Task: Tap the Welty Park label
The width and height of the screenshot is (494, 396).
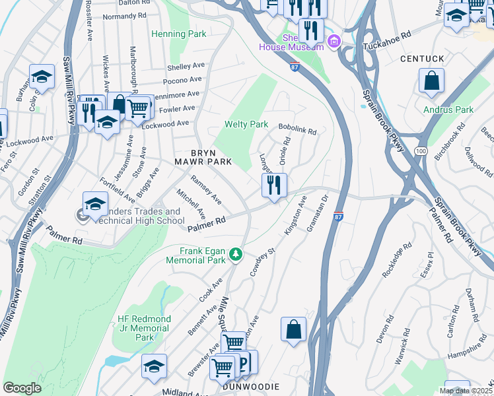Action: (246, 124)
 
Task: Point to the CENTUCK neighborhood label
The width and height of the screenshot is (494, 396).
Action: (422, 59)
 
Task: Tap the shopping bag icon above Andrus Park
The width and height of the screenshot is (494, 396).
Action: (431, 81)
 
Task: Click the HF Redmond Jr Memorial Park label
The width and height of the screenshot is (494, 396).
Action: (144, 328)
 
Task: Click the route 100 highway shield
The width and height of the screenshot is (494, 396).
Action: (420, 152)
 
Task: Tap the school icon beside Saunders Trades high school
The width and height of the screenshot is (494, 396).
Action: (95, 203)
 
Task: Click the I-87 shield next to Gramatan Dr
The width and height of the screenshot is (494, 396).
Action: (338, 216)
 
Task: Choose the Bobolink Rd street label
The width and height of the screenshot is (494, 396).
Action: (297, 131)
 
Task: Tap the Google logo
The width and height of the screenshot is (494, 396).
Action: (22, 388)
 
